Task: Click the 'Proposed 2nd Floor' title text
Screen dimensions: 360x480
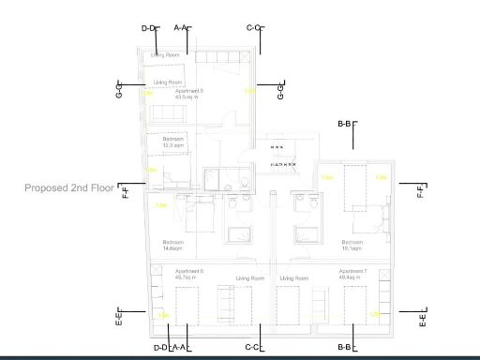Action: [70, 188]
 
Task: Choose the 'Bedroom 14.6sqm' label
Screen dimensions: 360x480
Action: [173, 245]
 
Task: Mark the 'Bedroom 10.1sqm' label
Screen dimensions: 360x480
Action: [352, 245]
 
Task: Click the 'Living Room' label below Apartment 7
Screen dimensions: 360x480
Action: [293, 278]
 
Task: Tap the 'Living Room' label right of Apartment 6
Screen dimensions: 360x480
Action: [250, 278]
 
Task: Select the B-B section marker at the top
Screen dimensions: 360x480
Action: [345, 124]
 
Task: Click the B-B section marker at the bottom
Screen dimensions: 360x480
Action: [345, 348]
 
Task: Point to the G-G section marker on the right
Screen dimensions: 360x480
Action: [280, 91]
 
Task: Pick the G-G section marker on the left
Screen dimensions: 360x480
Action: [120, 91]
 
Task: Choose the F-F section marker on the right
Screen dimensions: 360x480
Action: [421, 190]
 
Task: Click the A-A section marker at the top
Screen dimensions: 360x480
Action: [181, 28]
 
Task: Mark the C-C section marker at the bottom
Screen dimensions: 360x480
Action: [252, 348]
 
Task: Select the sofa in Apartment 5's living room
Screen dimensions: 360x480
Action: [169, 113]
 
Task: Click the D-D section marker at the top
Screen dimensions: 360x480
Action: [148, 28]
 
